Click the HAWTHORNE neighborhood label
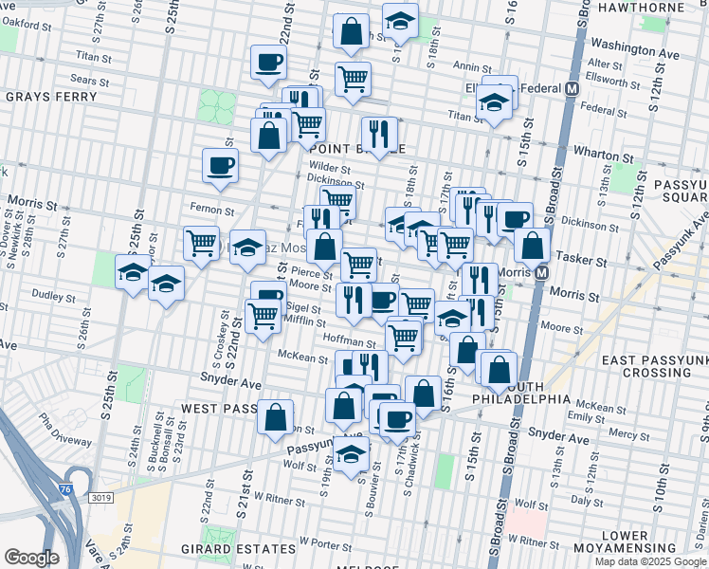tap(655, 7)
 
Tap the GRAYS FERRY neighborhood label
tap(51, 97)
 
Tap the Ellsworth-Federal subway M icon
tap(572, 89)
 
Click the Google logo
tap(31, 558)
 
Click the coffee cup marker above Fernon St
tap(220, 166)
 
